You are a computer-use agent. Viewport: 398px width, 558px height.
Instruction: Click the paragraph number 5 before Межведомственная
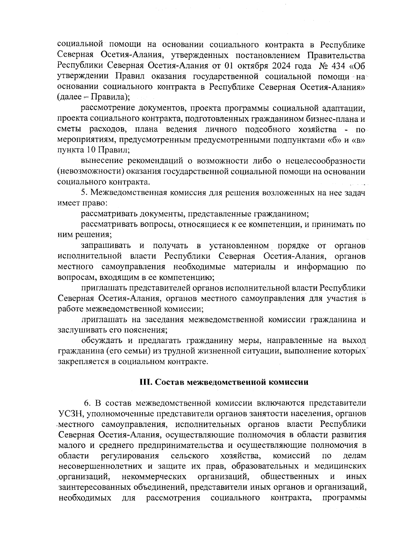coord(84,193)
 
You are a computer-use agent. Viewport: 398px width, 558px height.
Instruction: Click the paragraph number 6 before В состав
coord(87,403)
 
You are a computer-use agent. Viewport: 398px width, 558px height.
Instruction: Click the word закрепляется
coord(83,362)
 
